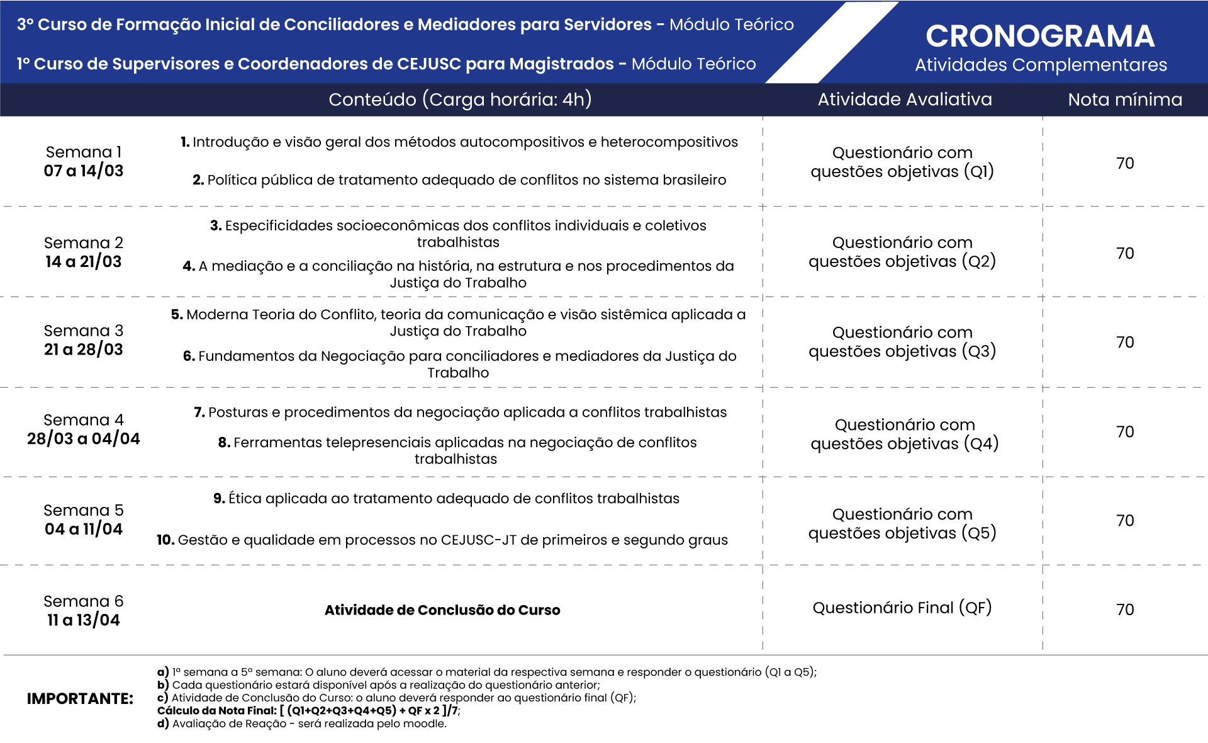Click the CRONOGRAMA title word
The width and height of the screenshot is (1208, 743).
(1040, 37)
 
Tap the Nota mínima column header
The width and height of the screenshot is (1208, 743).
(1125, 99)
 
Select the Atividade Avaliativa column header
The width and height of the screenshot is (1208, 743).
(904, 99)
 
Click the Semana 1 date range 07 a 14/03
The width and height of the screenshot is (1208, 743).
(84, 171)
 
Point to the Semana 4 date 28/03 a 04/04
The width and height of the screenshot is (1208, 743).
(84, 439)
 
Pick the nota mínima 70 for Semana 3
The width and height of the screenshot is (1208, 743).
(1125, 343)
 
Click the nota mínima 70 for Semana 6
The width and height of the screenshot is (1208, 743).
(1125, 610)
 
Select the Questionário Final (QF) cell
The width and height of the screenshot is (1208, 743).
(902, 608)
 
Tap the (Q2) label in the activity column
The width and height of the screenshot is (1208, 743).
(978, 261)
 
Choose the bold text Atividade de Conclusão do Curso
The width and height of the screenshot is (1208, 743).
(442, 610)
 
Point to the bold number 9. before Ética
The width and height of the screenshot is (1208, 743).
(219, 499)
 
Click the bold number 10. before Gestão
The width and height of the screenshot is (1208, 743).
(165, 540)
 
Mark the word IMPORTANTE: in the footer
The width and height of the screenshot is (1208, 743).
(80, 698)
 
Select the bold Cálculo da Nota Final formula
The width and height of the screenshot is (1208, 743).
(308, 711)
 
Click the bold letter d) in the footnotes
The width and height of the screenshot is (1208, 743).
(163, 724)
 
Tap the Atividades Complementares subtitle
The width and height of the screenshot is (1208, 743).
(1041, 65)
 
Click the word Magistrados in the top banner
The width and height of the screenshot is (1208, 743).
(561, 64)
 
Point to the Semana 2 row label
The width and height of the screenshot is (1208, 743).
(84, 243)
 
